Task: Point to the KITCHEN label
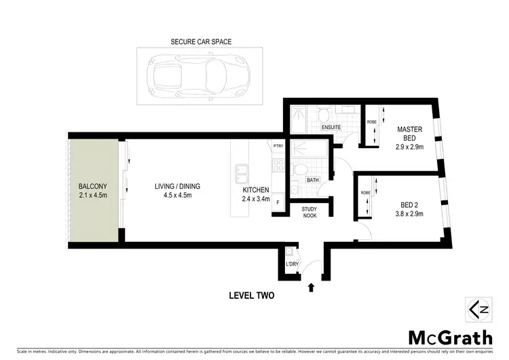coord(257,190)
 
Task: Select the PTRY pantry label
coord(278,145)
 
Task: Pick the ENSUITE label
coord(331,128)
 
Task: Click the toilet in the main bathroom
coord(299,169)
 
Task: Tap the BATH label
coord(313,180)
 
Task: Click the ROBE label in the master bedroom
coord(371,122)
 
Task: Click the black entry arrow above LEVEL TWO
coord(312,287)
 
